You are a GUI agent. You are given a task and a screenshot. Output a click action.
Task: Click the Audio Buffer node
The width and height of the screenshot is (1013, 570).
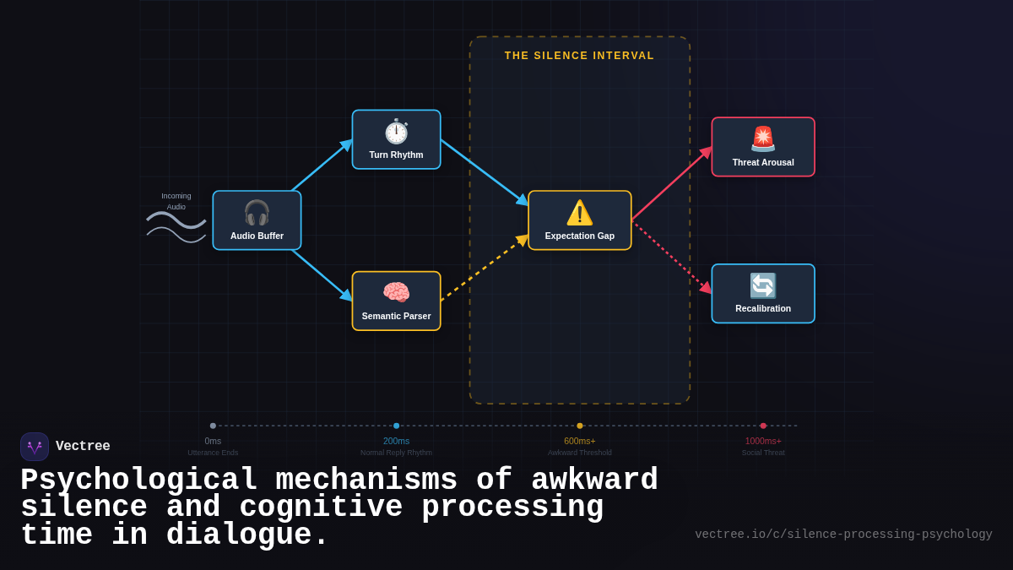pos(257,220)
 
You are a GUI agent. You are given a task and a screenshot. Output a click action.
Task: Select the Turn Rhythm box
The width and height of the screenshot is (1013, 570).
pos(396,139)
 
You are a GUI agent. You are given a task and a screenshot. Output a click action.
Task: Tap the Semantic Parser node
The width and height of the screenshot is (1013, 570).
pos(396,301)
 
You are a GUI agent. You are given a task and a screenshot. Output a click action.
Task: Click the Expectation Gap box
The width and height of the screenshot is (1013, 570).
pos(579,220)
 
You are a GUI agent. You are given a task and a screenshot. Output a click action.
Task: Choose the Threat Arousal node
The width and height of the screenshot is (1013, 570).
pos(762,147)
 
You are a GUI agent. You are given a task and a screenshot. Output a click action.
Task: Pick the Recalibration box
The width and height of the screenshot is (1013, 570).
pos(762,294)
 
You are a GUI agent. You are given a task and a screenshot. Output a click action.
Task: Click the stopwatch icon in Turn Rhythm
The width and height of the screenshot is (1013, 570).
pos(396,131)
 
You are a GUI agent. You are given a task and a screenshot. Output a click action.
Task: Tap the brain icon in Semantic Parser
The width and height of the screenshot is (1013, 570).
pos(396,292)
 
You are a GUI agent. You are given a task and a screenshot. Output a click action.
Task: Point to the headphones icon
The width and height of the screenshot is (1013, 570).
pos(257,212)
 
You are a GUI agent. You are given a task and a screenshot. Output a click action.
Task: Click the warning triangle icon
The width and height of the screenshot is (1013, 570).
pos(579,212)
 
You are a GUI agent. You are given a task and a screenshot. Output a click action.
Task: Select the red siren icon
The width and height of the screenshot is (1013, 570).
pos(762,138)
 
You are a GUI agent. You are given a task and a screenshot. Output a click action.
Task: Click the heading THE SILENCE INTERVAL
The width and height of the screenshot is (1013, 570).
pos(579,56)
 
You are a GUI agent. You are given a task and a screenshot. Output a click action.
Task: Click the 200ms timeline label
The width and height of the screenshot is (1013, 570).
pos(396,441)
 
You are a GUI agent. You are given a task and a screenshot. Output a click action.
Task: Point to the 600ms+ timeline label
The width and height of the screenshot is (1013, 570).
pos(579,441)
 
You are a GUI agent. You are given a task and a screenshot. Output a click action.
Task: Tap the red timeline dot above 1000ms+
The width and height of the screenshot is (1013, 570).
pos(763,426)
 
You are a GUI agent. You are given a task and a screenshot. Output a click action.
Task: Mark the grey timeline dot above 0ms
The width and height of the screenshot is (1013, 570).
pos(213,426)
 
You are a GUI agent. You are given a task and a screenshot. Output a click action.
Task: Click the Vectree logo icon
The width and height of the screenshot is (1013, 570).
pos(35,447)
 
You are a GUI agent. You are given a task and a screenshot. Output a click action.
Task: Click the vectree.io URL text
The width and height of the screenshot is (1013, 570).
pos(842,535)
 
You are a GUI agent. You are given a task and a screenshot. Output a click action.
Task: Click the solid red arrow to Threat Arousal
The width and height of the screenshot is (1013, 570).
pos(671,184)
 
